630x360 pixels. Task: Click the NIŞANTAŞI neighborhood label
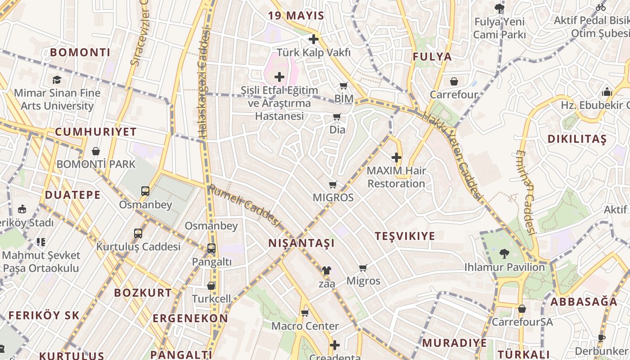(301, 243)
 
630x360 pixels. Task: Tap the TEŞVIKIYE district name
(405, 236)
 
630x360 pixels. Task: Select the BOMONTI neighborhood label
(80, 52)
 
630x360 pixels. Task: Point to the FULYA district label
(432, 57)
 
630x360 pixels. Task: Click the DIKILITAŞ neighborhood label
(577, 139)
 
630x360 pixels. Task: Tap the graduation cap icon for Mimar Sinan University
(57, 80)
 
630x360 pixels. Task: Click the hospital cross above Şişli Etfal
(279, 77)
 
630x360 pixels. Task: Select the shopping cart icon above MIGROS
(333, 184)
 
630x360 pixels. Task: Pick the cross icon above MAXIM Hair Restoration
(396, 157)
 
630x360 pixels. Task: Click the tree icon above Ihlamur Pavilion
(504, 254)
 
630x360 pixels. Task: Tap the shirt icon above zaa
(327, 270)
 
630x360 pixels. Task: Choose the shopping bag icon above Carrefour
(454, 81)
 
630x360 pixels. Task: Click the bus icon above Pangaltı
(211, 248)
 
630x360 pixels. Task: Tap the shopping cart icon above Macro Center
(305, 313)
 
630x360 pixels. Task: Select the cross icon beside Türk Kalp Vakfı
(314, 39)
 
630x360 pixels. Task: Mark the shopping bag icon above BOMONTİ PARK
(95, 151)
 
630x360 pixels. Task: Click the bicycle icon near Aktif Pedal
(601, 7)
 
